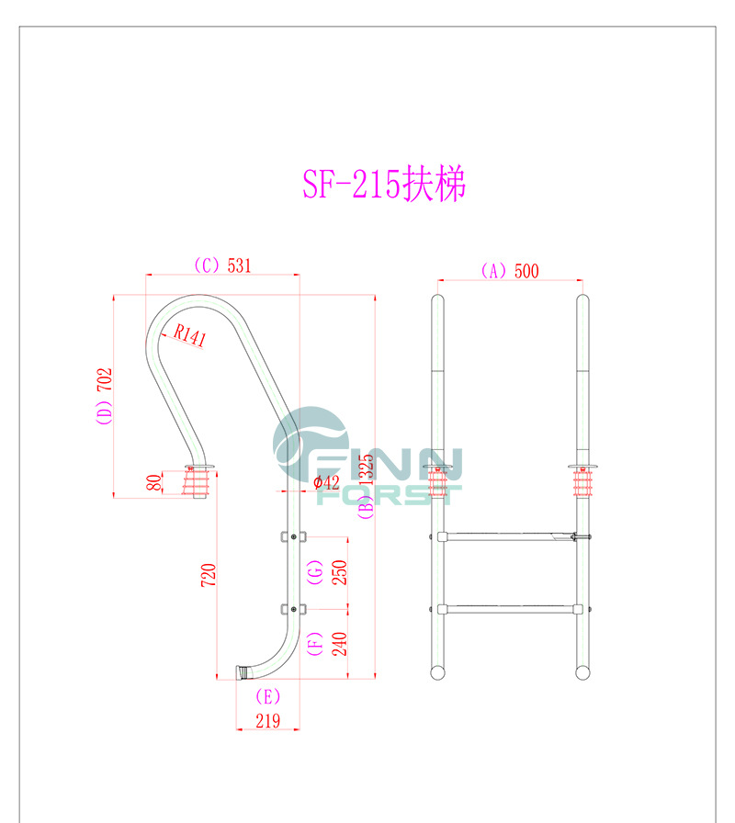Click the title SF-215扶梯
click(384, 185)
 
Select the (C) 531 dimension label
click(221, 265)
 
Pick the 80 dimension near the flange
click(153, 481)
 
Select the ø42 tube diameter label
click(326, 482)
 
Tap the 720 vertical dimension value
click(209, 576)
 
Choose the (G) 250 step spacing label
click(328, 572)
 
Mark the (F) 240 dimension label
click(327, 643)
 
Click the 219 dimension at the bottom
click(266, 722)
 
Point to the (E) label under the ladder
click(266, 696)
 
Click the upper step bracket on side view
click(292, 536)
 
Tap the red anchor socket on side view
click(198, 483)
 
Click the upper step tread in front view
click(506, 536)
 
